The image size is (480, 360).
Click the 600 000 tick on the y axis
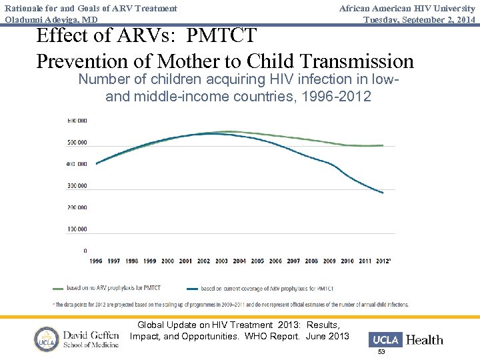click(77, 121)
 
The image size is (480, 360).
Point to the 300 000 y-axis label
click(77, 186)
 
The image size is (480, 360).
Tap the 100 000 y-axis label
click(77, 229)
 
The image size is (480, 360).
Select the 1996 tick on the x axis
click(96, 261)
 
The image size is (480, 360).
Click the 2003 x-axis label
click(221, 261)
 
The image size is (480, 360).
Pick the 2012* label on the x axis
click(384, 261)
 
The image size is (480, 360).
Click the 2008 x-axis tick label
click(311, 261)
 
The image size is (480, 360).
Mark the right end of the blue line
click(383, 193)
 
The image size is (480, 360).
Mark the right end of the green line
click(383, 145)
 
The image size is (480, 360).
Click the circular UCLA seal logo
click(47, 339)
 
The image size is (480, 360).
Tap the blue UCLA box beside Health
click(386, 339)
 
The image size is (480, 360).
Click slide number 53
click(382, 351)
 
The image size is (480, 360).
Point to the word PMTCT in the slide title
click(224, 35)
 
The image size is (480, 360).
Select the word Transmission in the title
click(357, 61)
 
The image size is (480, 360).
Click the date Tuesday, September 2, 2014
click(419, 19)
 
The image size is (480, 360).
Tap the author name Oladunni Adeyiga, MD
click(51, 19)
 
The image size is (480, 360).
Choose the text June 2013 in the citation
click(327, 336)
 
